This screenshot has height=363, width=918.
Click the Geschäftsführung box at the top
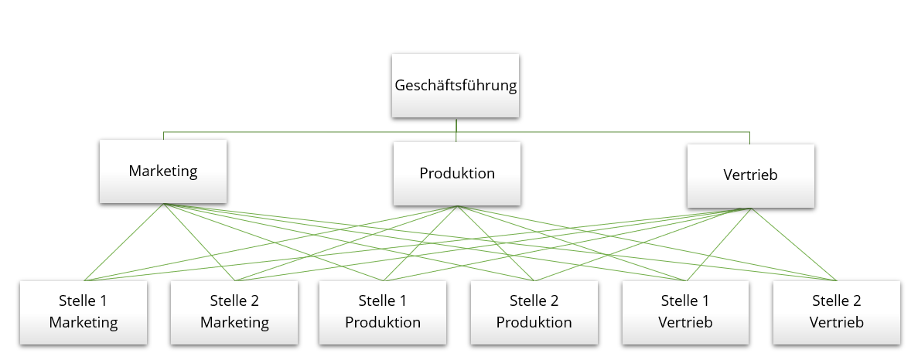(455, 86)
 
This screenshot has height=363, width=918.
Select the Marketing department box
(163, 171)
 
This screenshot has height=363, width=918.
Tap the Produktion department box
(456, 173)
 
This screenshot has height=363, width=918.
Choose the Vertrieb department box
(750, 175)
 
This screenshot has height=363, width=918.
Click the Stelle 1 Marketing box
(84, 311)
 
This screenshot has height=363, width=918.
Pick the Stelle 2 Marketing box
(234, 311)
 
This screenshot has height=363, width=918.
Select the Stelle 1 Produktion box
(383, 311)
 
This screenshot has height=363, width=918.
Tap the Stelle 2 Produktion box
(534, 311)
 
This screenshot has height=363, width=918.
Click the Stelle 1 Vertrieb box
(685, 311)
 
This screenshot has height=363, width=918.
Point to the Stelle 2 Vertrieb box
(837, 311)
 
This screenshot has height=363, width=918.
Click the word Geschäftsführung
(455, 86)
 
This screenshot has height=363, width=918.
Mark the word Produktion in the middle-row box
(456, 173)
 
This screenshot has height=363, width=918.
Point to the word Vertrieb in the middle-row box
(750, 175)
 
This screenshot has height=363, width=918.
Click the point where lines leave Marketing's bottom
(163, 204)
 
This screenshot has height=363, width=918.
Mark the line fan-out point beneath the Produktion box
(457, 206)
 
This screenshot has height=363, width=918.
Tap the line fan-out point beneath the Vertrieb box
(751, 209)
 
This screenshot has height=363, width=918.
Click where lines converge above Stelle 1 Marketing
(84, 280)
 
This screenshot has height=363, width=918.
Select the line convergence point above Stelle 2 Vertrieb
(837, 280)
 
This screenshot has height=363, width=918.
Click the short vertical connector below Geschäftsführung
(456, 125)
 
